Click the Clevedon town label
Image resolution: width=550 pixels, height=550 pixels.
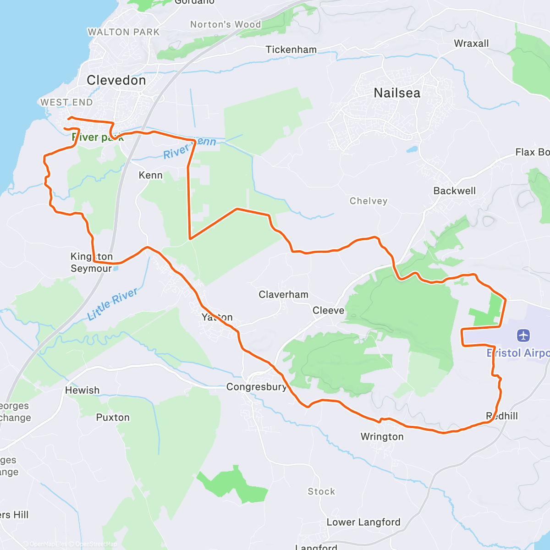click(116, 81)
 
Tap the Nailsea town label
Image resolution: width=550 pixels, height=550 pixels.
click(397, 93)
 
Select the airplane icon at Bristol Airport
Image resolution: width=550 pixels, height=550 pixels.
click(523, 335)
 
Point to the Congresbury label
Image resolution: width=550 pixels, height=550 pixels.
click(256, 387)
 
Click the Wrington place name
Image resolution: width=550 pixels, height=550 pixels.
click(382, 437)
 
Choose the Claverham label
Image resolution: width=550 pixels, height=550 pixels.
click(283, 295)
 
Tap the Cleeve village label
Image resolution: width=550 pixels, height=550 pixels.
click(328, 311)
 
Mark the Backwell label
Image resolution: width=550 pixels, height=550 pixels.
click(454, 191)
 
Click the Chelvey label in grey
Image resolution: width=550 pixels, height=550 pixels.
click(368, 201)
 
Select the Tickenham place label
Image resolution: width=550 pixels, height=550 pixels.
click(291, 49)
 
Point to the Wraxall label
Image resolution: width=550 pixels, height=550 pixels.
click(471, 44)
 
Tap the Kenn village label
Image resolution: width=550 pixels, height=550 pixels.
click(150, 176)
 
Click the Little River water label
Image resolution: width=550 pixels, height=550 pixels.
click(112, 304)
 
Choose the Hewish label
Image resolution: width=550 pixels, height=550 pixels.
click(82, 390)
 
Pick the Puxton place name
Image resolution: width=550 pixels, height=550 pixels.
click(113, 418)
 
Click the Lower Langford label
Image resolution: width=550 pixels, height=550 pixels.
click(363, 522)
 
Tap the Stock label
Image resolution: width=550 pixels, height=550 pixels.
click(321, 492)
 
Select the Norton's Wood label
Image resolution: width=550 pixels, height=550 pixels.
click(225, 25)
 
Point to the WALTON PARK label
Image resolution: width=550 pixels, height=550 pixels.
click(123, 32)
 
